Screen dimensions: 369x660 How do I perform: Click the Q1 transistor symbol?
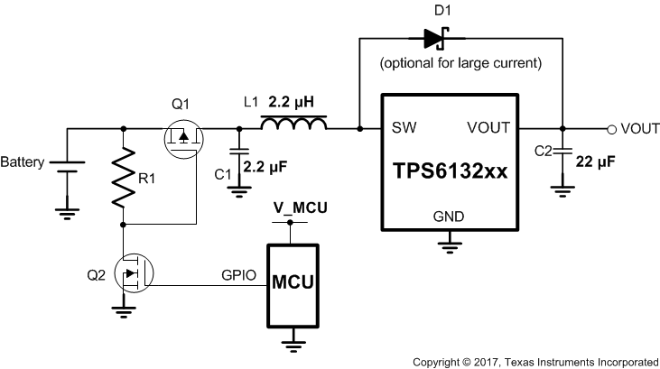click(181, 139)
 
